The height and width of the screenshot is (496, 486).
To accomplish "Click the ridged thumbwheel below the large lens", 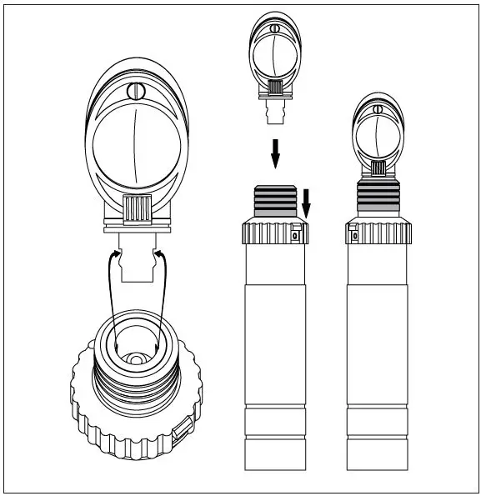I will click(x=135, y=208).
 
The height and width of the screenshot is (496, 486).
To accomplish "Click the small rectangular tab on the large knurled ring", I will click(x=182, y=431).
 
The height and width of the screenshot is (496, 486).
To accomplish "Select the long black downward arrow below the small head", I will click(x=274, y=154).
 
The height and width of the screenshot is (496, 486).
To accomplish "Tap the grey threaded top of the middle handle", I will click(x=275, y=203).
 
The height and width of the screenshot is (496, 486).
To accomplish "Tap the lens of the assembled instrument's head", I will click(x=377, y=133).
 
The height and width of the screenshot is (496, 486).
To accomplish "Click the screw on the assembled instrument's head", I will click(x=377, y=108).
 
